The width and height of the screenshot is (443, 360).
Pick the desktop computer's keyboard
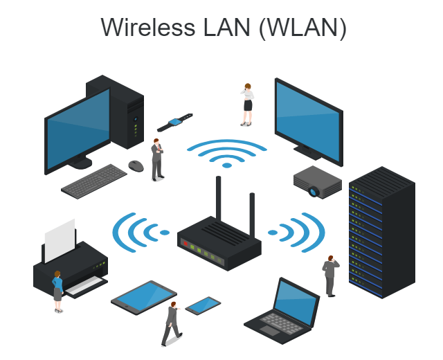pyautogui.click(x=94, y=180)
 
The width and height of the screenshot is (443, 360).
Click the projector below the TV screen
pyautogui.click(x=317, y=181)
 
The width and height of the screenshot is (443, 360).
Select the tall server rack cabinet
pyautogui.click(x=380, y=233)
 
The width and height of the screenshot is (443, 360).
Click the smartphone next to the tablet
pyautogui.click(x=203, y=305)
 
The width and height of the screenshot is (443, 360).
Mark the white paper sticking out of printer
pyautogui.click(x=60, y=240)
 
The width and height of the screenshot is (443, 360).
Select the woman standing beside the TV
pyautogui.click(x=247, y=105)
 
